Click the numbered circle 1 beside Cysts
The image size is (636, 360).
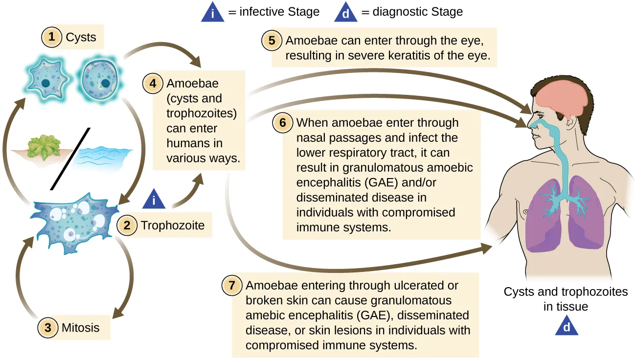pyautogui.click(x=51, y=37)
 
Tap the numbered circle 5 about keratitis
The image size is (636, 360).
pyautogui.click(x=272, y=40)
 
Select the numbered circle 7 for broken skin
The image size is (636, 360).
pyautogui.click(x=232, y=285)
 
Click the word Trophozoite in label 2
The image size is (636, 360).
pyautogui.click(x=173, y=225)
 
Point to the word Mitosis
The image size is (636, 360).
pyautogui.click(x=81, y=327)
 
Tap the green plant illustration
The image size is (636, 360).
pyautogui.click(x=43, y=147)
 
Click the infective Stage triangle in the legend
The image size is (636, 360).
pyautogui.click(x=214, y=13)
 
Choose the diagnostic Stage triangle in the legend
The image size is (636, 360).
pyautogui.click(x=346, y=13)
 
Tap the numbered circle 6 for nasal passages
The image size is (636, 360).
pyautogui.click(x=283, y=123)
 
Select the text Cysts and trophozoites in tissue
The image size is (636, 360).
pyautogui.click(x=566, y=299)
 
